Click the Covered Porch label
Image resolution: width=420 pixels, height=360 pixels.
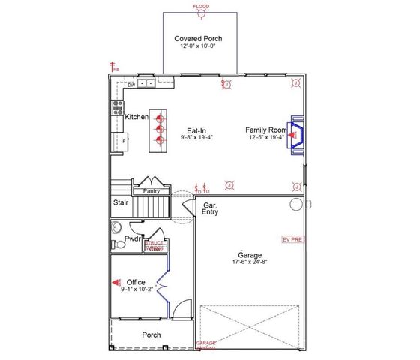click(x=198, y=38)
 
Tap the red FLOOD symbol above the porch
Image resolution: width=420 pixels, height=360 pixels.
click(x=201, y=8)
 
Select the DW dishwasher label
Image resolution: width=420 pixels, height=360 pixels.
click(x=130, y=85)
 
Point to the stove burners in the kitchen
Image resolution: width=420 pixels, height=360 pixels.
click(x=118, y=106)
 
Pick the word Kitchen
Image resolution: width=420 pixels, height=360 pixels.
click(x=136, y=117)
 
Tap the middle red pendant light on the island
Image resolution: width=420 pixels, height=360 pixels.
click(x=159, y=128)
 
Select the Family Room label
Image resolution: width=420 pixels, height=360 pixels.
click(x=265, y=130)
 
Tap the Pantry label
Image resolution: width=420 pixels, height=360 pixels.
click(x=151, y=191)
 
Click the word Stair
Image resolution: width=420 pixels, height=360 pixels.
click(x=120, y=202)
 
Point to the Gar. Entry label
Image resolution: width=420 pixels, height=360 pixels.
click(x=210, y=208)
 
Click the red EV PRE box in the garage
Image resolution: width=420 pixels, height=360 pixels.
click(x=292, y=239)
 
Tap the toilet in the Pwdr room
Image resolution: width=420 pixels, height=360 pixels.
click(x=115, y=228)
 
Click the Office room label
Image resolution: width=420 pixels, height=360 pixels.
click(x=136, y=282)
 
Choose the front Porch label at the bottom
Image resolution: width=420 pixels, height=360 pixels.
click(x=151, y=334)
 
